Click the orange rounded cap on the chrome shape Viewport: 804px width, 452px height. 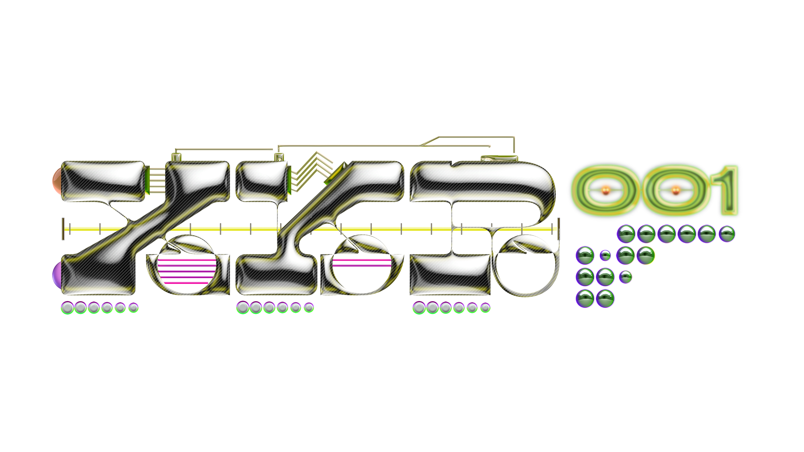tap(57, 181)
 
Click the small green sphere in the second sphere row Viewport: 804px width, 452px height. tap(605, 255)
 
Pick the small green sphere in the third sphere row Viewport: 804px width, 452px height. tap(625, 277)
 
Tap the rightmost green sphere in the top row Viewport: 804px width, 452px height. tap(727, 234)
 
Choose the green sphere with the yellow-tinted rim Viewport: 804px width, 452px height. tap(646, 255)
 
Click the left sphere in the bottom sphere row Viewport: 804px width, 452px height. tap(585, 298)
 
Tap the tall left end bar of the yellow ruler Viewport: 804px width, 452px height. tap(63, 229)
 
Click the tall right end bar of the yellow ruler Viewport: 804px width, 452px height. tap(558, 229)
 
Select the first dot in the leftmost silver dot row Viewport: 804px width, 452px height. tap(67, 308)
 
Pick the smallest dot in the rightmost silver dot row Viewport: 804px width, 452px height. tap(485, 308)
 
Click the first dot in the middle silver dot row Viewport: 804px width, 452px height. tap(242, 308)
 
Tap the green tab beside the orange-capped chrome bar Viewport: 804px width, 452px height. tap(147, 181)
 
